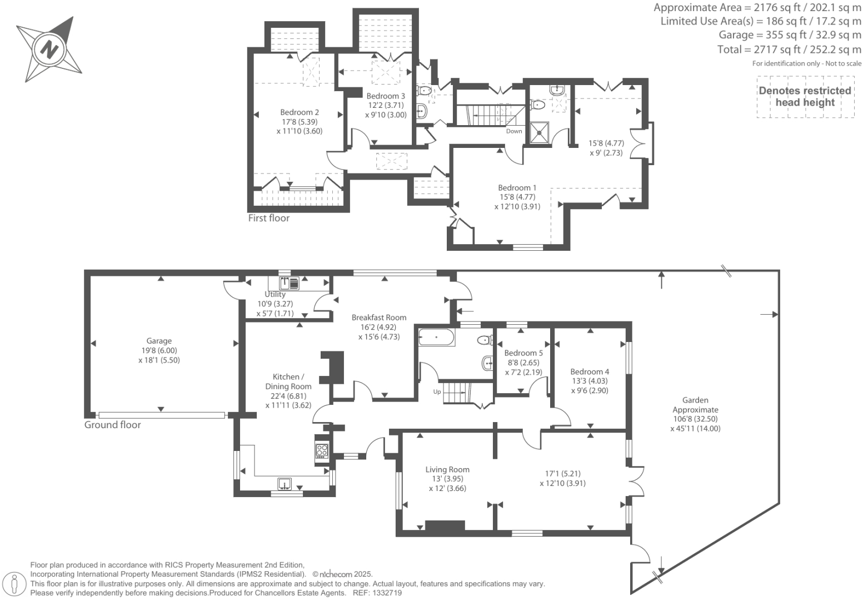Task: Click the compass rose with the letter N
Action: [x=49, y=49]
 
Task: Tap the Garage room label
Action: [x=159, y=341]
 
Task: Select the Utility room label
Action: [x=275, y=294]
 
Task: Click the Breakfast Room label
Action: [x=379, y=318]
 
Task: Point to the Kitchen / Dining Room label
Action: [x=288, y=381]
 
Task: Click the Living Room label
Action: [x=447, y=469]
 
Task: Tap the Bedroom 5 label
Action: [x=523, y=353]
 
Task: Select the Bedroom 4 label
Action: [x=590, y=371]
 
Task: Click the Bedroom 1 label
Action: [x=517, y=187]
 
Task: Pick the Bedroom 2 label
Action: [x=300, y=112]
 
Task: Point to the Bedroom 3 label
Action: [x=386, y=96]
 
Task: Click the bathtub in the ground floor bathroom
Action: [x=437, y=337]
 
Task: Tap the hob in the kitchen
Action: [x=322, y=450]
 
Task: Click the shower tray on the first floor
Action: [x=538, y=132]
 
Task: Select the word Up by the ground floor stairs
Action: [x=437, y=391]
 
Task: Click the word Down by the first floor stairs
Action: [x=514, y=131]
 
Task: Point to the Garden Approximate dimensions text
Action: [x=695, y=414]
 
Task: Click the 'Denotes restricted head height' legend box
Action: [x=805, y=97]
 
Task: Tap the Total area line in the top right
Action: [x=789, y=49]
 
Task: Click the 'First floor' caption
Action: [x=268, y=218]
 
